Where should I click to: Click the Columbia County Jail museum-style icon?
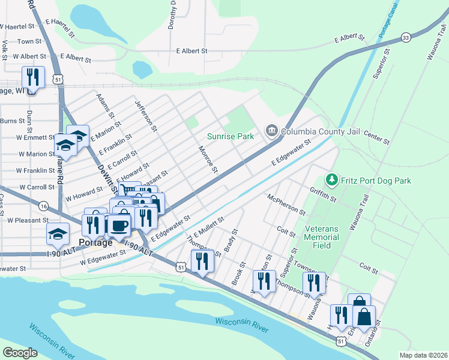point(271,130)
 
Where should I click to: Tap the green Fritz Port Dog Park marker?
point(331,179)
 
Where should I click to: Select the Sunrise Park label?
point(231,136)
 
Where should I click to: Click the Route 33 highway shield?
point(406,37)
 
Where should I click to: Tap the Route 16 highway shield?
point(43,206)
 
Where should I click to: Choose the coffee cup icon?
point(120,225)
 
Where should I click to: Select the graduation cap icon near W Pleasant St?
point(58,233)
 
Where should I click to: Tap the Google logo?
point(20,352)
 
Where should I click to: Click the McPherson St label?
point(286,205)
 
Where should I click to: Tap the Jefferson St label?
point(146,116)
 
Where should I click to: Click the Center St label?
point(376,139)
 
